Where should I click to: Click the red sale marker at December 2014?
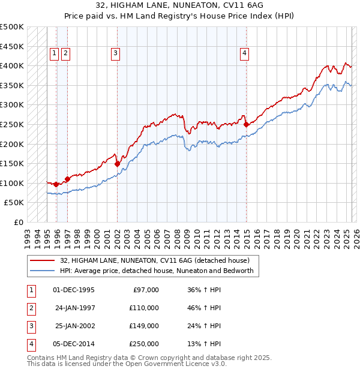(247, 125)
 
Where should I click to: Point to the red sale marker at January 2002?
(118, 163)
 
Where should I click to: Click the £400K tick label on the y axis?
(13, 65)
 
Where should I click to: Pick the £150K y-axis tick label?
(13, 163)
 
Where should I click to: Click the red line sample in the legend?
(43, 260)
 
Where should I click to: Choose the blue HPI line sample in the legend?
(43, 271)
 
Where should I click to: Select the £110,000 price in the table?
(144, 308)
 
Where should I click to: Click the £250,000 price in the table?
(144, 344)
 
